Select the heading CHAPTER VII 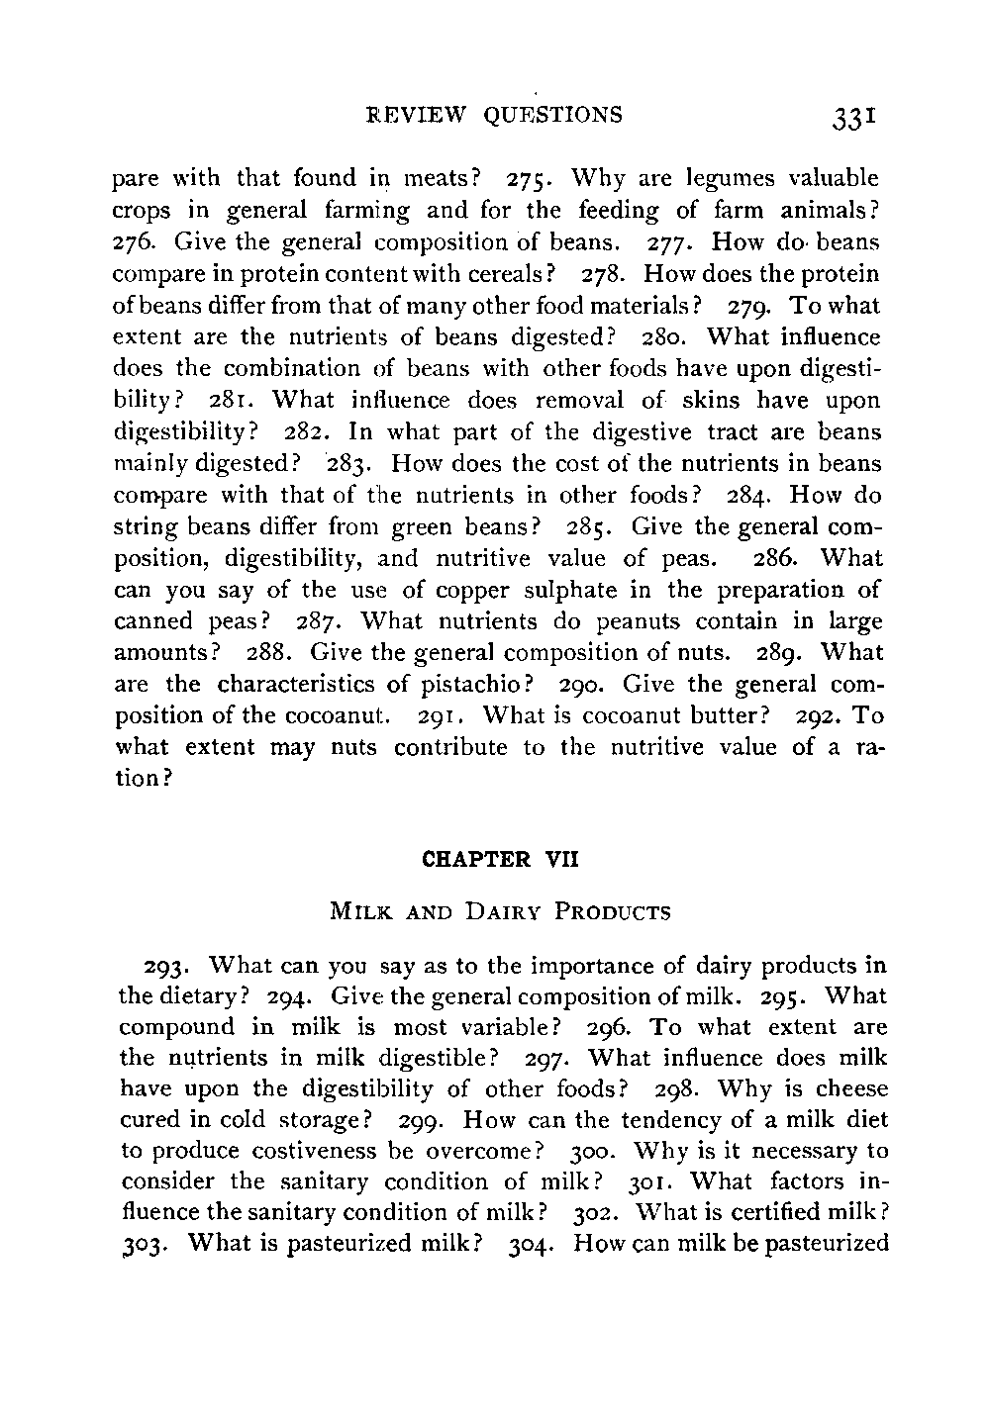tap(499, 859)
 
